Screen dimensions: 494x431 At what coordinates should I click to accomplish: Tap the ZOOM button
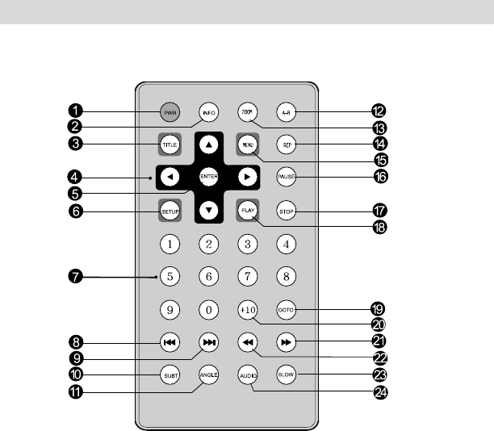[247, 111]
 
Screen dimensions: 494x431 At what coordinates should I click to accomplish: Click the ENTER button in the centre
[208, 176]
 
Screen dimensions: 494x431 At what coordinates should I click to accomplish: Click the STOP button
[286, 211]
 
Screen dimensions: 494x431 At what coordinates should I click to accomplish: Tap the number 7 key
[247, 276]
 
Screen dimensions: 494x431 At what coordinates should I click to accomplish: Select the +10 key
[247, 310]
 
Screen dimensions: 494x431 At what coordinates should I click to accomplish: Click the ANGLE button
[208, 375]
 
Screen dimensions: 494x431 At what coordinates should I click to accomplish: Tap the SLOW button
[286, 375]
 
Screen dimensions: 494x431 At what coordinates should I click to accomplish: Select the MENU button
[247, 145]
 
